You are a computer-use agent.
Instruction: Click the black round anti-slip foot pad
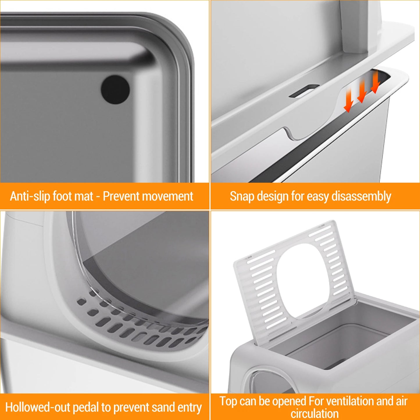point(115,90)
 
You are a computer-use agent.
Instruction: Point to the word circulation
point(315,414)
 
